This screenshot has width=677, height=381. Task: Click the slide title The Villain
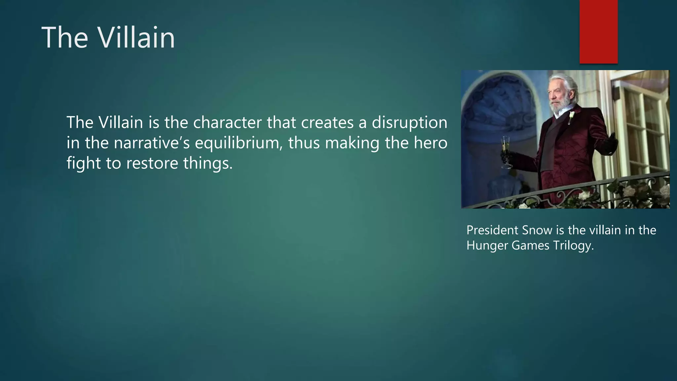(x=108, y=38)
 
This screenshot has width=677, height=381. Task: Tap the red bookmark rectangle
(x=598, y=31)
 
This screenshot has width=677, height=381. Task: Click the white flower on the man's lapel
(x=572, y=116)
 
